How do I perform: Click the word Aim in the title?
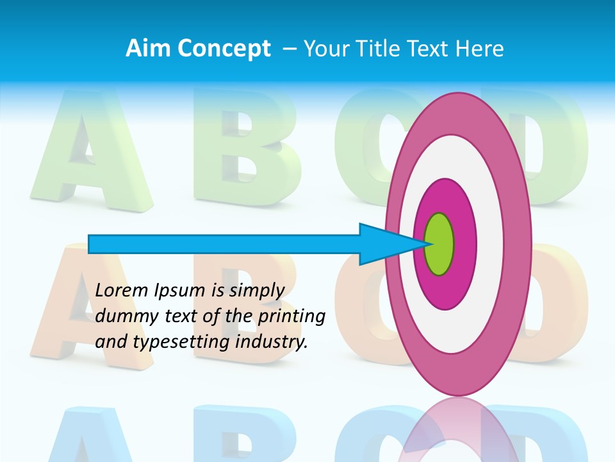pos(149,49)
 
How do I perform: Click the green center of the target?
pos(439,244)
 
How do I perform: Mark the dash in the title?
pos(289,49)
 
